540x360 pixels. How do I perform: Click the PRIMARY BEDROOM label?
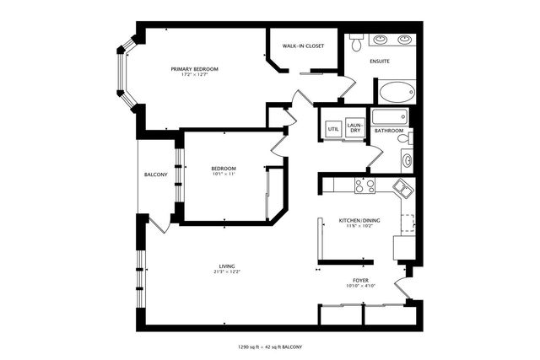[x=194, y=69]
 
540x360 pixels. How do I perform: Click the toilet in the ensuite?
[x=356, y=42]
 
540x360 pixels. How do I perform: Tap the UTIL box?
[x=333, y=129]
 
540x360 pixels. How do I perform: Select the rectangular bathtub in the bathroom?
[x=390, y=116]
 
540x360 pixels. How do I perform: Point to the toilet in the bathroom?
[x=404, y=138]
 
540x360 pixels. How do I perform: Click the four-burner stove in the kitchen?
[x=364, y=186]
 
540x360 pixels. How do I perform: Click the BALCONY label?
[x=155, y=175]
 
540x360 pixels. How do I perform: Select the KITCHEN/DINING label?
[x=359, y=220]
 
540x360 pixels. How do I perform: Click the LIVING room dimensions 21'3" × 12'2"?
[x=227, y=271]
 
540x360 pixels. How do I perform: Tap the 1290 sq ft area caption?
[x=270, y=347]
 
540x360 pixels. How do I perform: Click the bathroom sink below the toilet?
[x=407, y=160]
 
